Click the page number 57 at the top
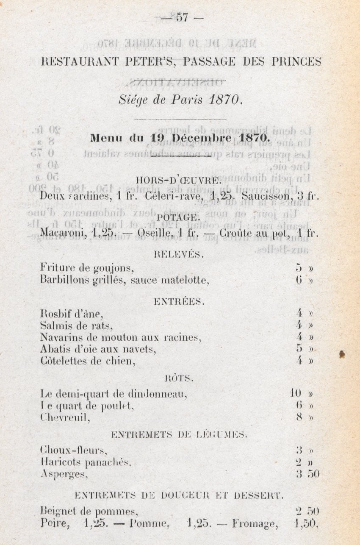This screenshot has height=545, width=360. pyautogui.click(x=183, y=19)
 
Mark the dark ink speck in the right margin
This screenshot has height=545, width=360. pyautogui.click(x=342, y=354)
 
